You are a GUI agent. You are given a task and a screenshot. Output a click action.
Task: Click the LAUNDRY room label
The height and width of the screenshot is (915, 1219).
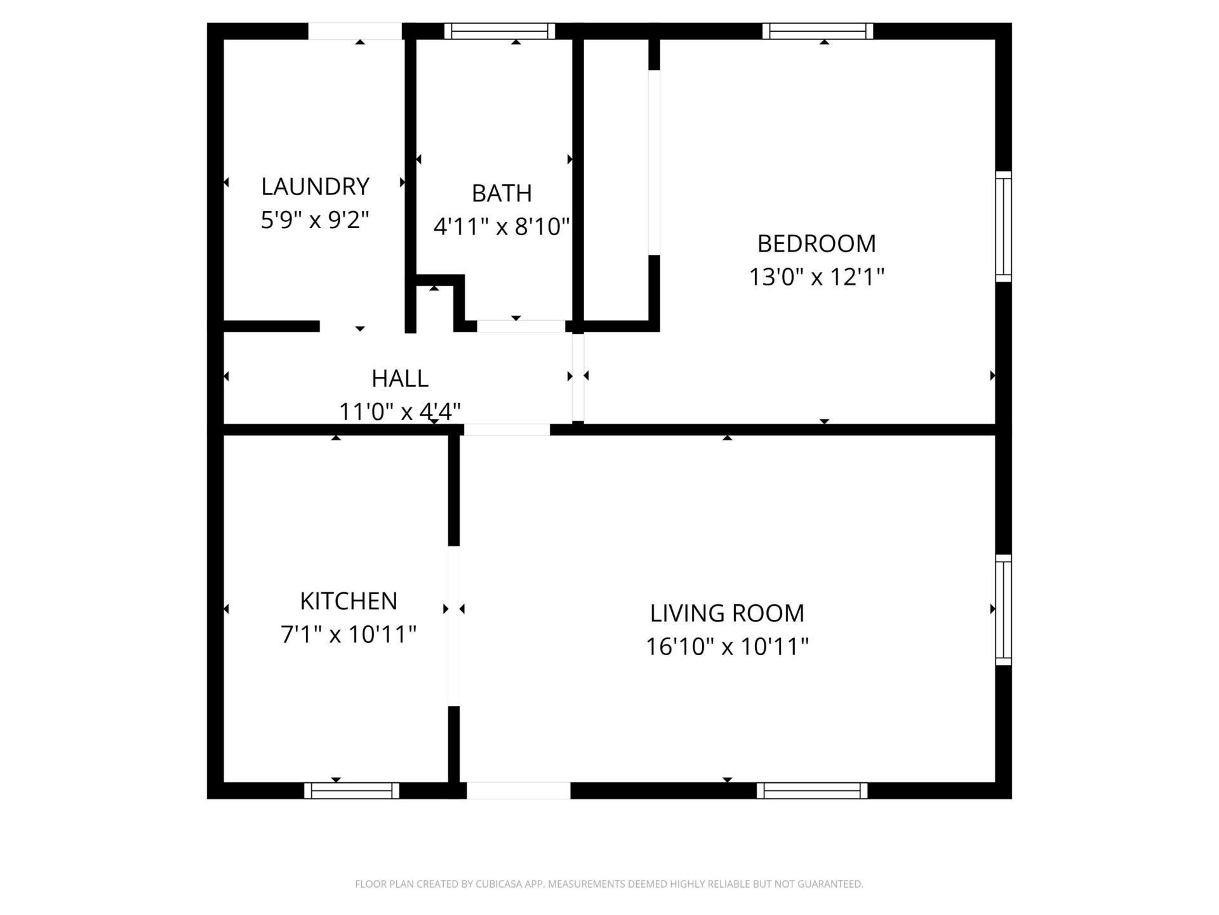315,187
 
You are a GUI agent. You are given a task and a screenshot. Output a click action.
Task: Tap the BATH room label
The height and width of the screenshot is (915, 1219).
502,193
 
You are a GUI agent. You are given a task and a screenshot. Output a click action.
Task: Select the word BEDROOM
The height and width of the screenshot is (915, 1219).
816,243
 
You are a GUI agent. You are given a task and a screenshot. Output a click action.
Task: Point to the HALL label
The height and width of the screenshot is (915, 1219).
399,378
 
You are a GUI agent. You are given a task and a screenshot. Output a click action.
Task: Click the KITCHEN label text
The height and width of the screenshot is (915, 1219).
349,600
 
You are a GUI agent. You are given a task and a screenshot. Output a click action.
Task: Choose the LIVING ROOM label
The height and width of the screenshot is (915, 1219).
727,613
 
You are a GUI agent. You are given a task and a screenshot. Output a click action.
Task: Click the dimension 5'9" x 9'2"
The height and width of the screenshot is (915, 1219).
315,220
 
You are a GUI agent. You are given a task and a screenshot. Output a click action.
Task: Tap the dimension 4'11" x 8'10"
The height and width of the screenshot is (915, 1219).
502,226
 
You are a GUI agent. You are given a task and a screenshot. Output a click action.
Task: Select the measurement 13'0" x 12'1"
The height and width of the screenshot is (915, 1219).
816,277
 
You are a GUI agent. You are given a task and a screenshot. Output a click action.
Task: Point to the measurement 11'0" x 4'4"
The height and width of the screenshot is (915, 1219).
399,412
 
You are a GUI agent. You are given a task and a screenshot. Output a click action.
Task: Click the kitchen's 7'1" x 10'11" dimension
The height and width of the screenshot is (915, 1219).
349,634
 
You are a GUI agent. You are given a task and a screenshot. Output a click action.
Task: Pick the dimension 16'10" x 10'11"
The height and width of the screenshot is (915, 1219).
727,647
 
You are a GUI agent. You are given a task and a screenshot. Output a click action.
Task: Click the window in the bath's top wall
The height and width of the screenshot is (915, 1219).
500,30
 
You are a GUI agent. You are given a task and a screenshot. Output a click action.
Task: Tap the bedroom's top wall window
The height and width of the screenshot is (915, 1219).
818,30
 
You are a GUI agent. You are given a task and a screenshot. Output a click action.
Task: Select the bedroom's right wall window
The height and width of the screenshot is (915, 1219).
1003,226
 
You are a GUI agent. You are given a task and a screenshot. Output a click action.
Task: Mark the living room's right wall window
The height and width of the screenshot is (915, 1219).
1003,609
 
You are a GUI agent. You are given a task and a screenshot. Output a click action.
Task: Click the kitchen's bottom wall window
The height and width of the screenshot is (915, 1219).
352,790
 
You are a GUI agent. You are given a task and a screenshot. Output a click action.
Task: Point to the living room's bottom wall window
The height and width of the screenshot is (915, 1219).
812,790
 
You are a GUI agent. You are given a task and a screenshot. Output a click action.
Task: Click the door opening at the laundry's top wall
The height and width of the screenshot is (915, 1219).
355,31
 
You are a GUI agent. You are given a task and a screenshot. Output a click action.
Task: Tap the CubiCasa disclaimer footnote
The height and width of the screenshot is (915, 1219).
609,884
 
